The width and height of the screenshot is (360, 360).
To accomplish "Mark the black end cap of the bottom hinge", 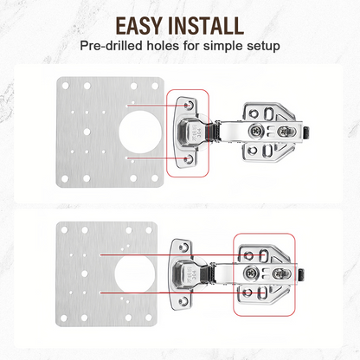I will click(x=305, y=274).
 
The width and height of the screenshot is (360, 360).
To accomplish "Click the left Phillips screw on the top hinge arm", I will click(x=257, y=130).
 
